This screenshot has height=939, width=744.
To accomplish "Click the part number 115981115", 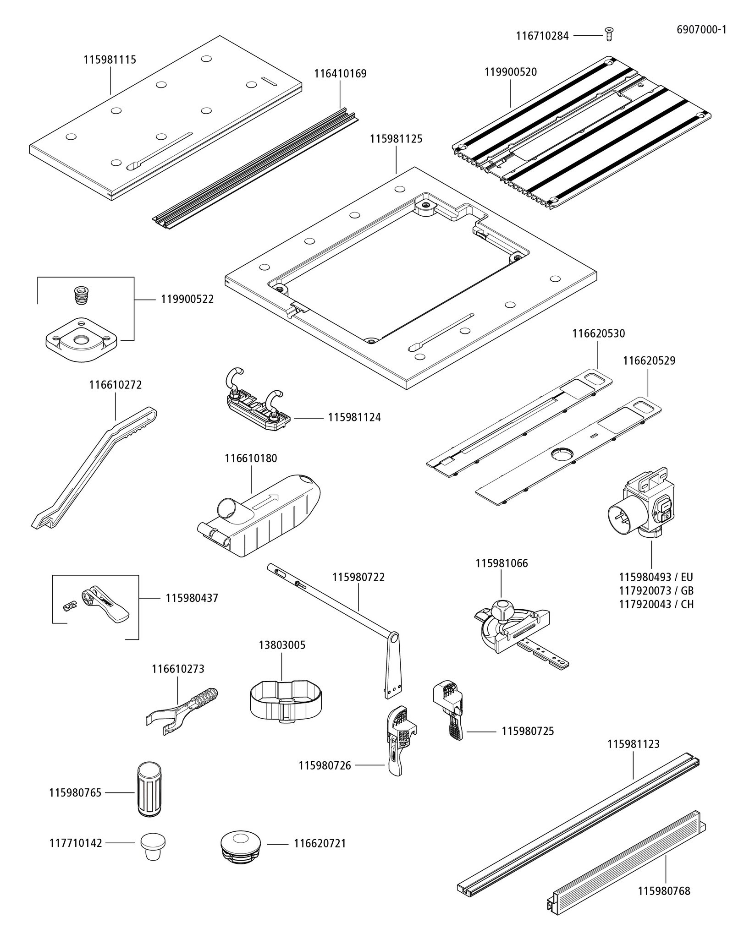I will (110, 60).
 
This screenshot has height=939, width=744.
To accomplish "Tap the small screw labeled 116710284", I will (609, 34).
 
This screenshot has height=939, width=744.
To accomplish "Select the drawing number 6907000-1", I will (701, 30).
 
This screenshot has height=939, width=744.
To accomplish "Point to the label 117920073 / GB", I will (656, 590).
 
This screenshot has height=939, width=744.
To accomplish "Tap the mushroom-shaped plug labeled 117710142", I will (153, 845).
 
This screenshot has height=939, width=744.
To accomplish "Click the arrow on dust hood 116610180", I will (266, 501).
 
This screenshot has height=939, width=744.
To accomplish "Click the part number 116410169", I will (340, 74).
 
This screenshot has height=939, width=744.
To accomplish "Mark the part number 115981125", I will (396, 139).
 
